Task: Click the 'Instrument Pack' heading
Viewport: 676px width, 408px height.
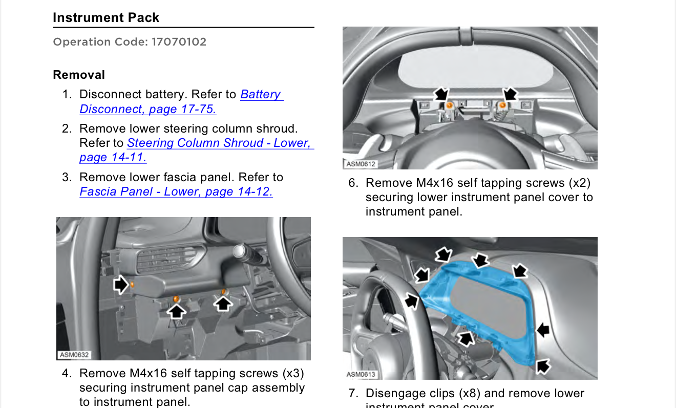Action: tap(106, 17)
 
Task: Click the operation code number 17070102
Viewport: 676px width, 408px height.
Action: tap(179, 42)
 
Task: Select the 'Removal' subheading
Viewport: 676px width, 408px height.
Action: tap(79, 75)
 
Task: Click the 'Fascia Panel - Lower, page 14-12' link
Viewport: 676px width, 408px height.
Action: tap(176, 192)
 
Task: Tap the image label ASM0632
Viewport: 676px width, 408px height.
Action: tap(74, 355)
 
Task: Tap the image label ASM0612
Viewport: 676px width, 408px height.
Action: tap(361, 164)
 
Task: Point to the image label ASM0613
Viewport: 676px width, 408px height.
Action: tap(361, 374)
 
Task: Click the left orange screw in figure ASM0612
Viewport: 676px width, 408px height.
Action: tap(449, 105)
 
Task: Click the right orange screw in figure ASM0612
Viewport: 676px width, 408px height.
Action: tap(503, 105)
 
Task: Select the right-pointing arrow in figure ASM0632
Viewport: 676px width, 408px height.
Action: tap(121, 284)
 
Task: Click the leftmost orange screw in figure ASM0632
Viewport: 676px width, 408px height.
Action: tap(132, 284)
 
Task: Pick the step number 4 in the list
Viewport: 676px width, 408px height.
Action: tap(67, 373)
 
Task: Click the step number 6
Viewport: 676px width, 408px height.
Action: tap(353, 183)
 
